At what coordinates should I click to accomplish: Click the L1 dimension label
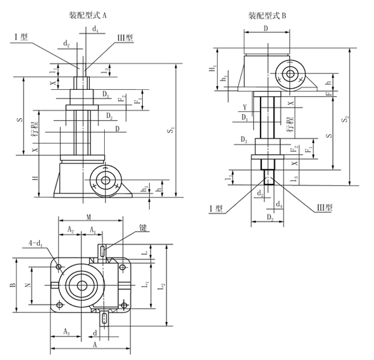click(148, 285)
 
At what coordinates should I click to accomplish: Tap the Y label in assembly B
click(249, 105)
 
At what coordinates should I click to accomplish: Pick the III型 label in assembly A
click(125, 37)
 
